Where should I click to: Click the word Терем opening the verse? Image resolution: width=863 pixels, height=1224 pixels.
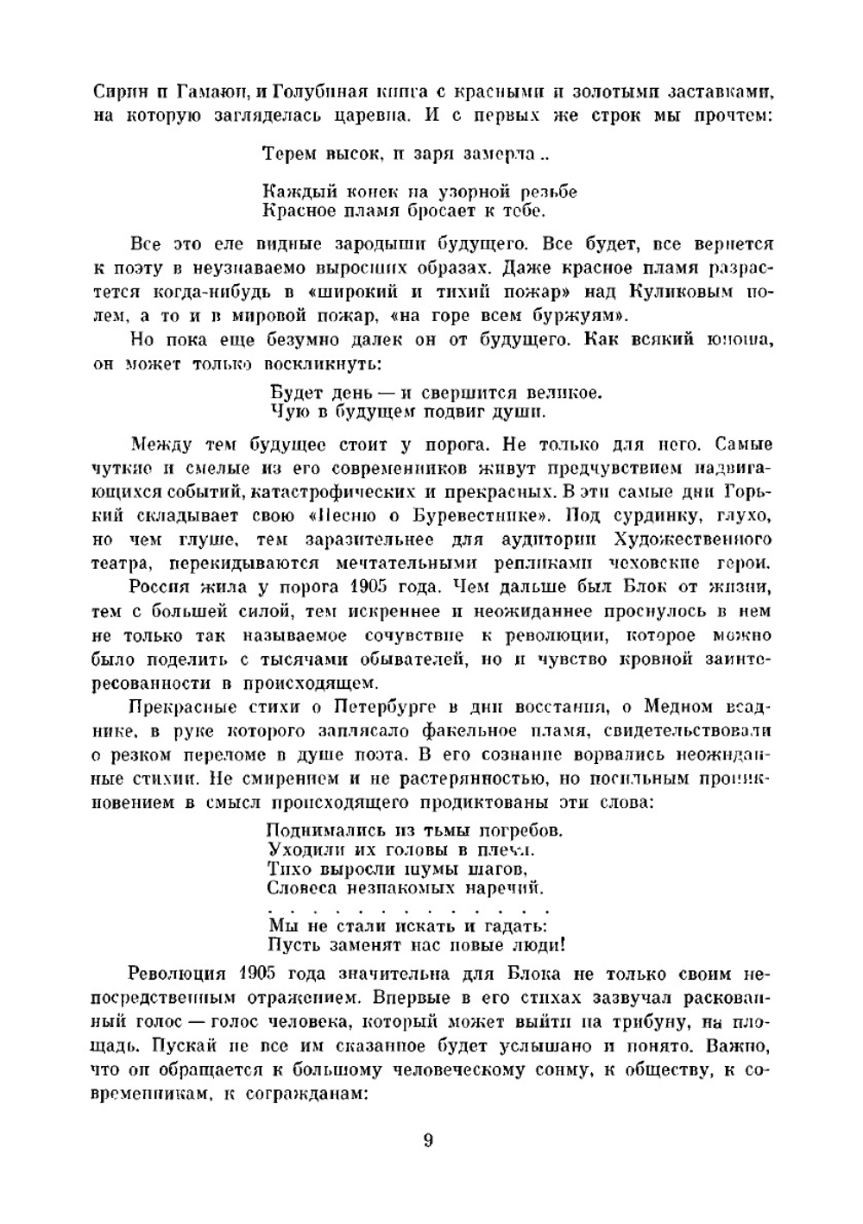point(289,155)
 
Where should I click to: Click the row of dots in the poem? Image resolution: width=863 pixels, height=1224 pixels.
point(407,909)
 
